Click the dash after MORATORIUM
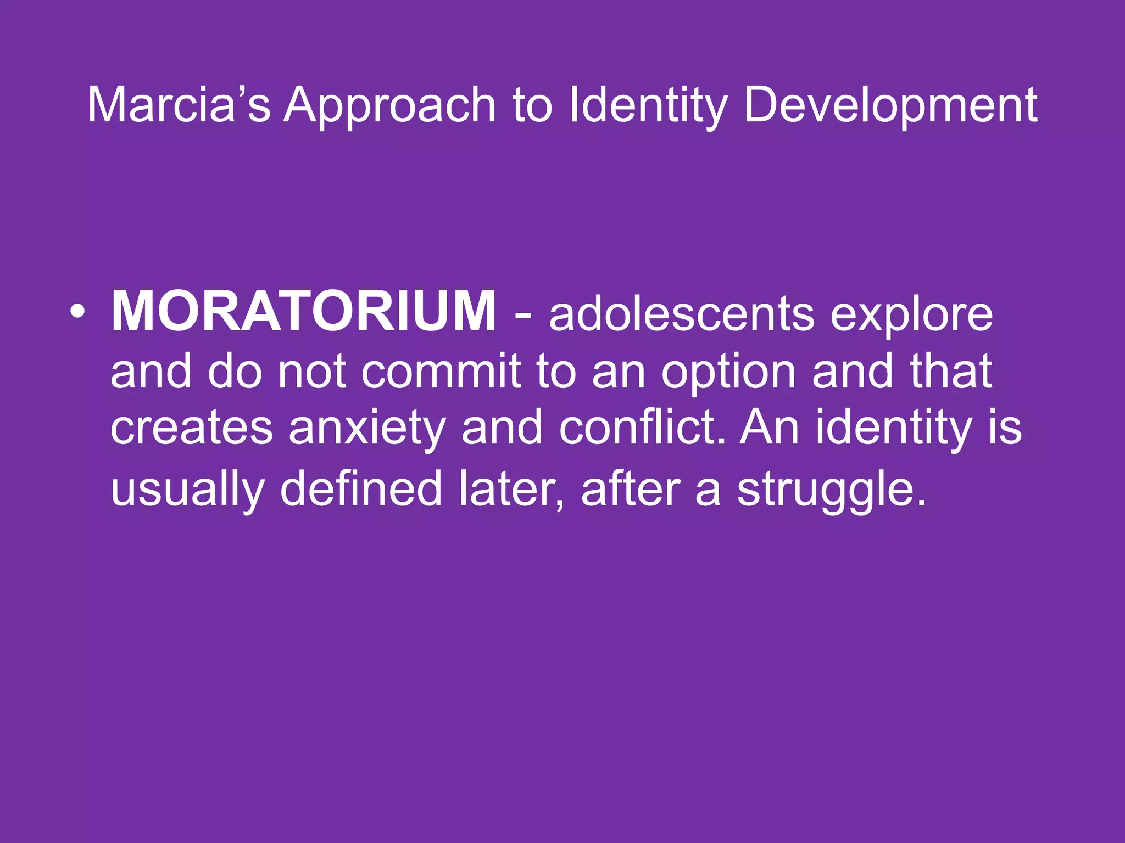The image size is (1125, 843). pos(523,316)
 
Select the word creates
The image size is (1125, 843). pos(191,429)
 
